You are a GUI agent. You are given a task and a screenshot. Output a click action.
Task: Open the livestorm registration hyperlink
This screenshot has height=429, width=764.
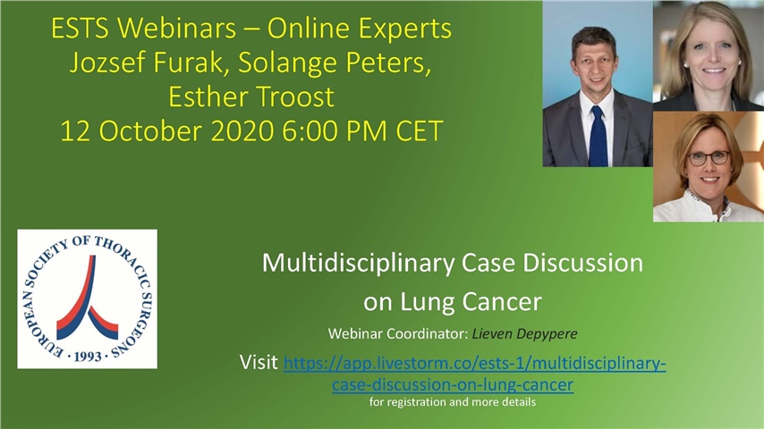pyautogui.click(x=474, y=365)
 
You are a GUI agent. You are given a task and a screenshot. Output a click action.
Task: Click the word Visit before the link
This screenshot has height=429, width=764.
pyautogui.click(x=259, y=363)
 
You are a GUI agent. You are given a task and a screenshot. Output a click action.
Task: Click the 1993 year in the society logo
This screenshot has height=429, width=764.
pyautogui.click(x=87, y=356)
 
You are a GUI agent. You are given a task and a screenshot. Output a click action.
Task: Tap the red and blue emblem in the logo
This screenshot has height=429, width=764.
pyautogui.click(x=87, y=299)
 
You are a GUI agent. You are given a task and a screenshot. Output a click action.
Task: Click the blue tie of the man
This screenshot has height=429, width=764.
pyautogui.click(x=598, y=134)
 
